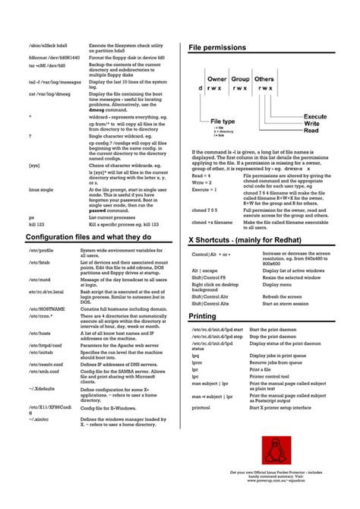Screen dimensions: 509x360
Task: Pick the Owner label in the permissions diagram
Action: click(217, 78)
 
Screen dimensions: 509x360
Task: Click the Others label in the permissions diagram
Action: click(264, 78)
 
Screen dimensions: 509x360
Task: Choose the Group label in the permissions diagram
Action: click(241, 78)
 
